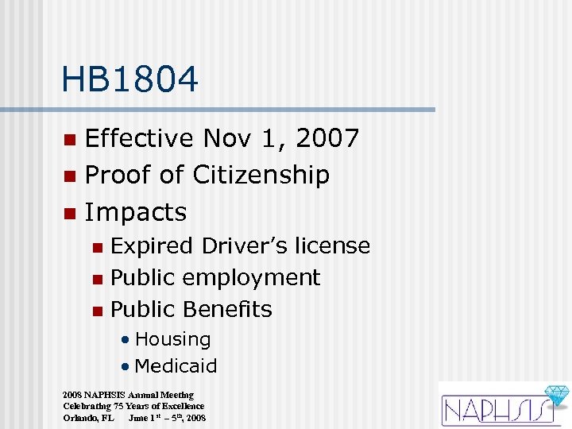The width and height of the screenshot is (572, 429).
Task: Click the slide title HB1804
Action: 129,79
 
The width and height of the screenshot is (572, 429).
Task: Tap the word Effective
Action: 139,138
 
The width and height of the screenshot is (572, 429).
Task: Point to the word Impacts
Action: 135,212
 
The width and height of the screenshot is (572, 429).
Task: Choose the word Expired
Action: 153,246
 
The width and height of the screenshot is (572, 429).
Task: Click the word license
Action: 331,246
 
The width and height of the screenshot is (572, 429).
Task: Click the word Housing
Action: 172,339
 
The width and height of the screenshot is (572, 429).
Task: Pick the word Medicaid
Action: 176,366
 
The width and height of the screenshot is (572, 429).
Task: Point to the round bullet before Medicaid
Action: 126,367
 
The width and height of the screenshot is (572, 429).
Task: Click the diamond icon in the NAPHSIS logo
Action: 555,397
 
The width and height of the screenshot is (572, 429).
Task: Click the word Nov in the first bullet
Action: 225,138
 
